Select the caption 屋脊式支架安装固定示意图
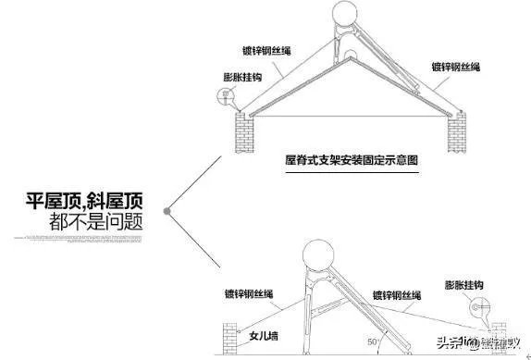click(x=352, y=159)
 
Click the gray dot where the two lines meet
click(x=167, y=213)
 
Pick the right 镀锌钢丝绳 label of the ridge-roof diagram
click(x=454, y=66)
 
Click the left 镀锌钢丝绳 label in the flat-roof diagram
click(x=249, y=293)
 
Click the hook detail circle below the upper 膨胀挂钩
click(x=222, y=94)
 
